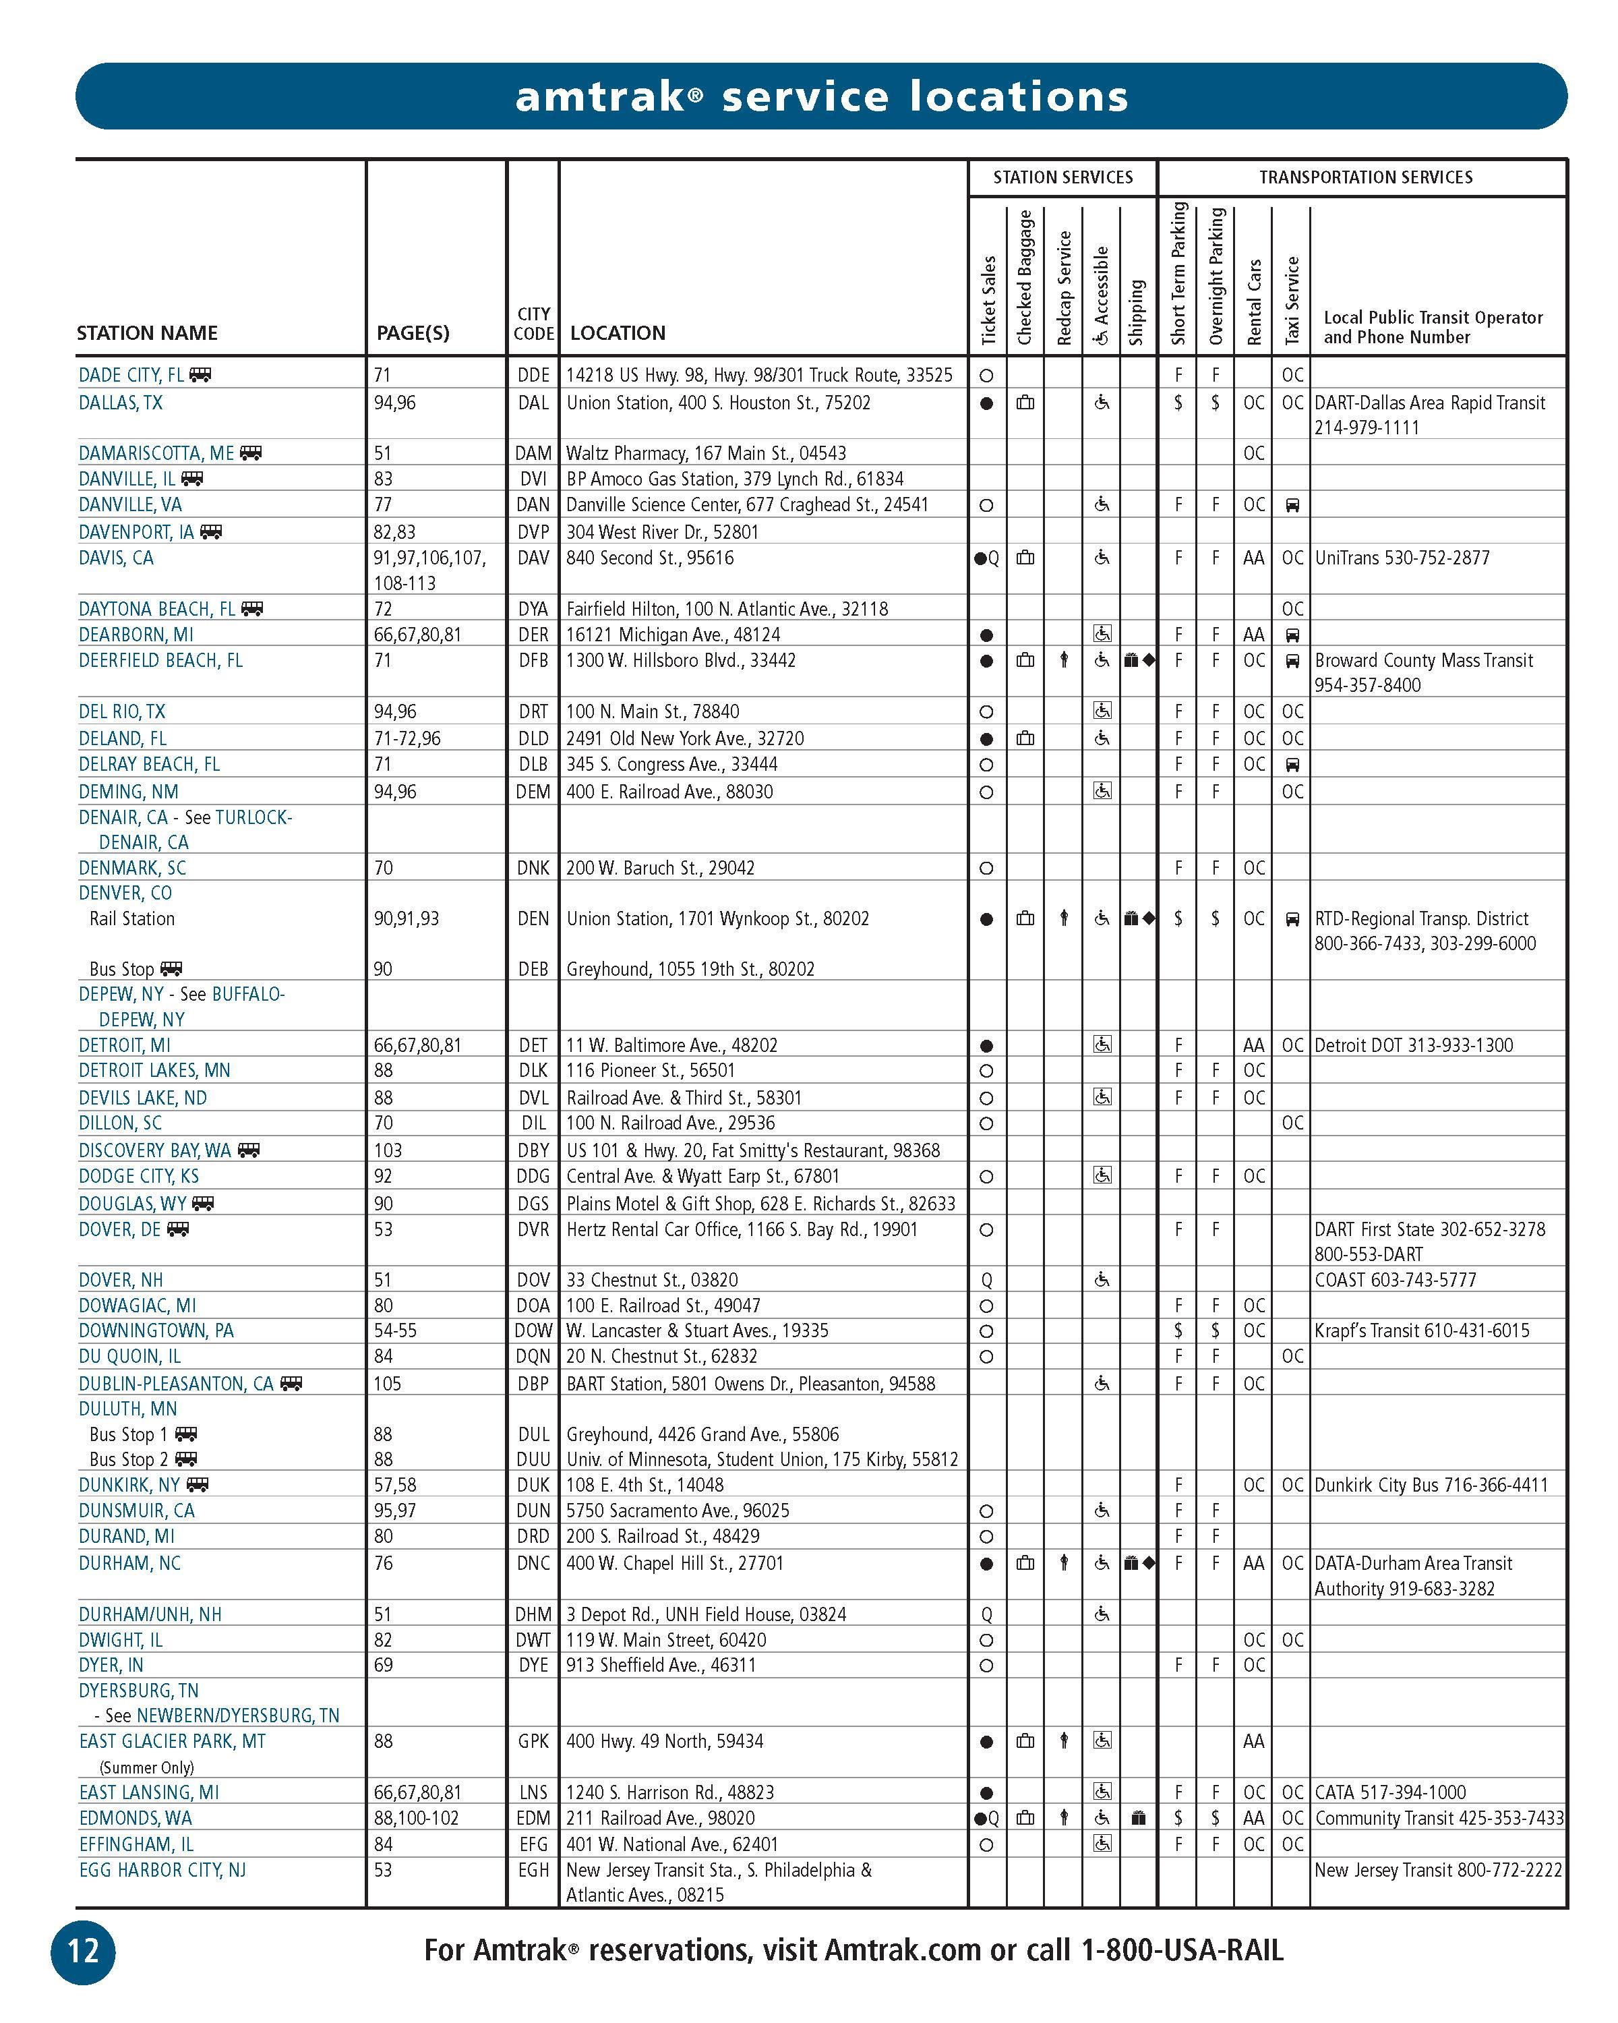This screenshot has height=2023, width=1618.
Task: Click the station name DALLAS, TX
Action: [x=120, y=403]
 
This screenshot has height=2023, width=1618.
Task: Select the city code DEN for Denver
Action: [x=533, y=918]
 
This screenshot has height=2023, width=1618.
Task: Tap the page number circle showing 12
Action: [x=82, y=1952]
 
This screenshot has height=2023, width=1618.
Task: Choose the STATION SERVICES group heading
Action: [x=1062, y=177]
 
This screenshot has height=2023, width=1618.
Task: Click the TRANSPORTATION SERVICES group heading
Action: [x=1365, y=177]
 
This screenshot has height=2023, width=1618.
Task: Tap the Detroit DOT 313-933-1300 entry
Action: [x=1412, y=1045]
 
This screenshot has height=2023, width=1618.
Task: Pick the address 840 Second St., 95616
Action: [x=649, y=558]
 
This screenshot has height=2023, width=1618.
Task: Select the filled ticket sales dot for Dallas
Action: [x=986, y=403]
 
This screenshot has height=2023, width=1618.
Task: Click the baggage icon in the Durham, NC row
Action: [x=1025, y=1563]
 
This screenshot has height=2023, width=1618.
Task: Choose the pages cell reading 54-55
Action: [x=395, y=1330]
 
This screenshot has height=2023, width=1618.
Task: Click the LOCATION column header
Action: [x=617, y=333]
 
